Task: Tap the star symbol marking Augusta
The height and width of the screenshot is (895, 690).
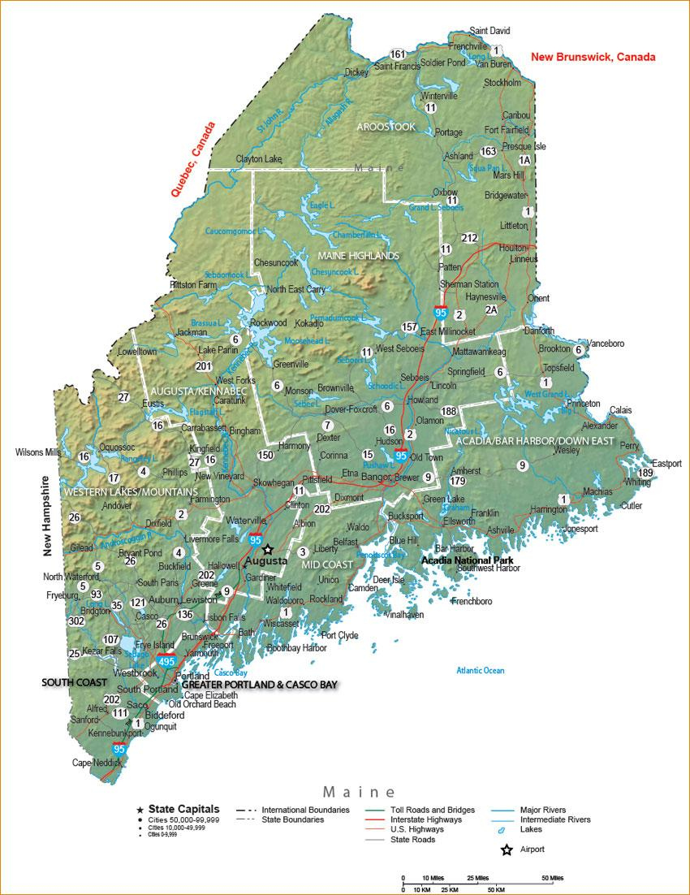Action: tap(268, 550)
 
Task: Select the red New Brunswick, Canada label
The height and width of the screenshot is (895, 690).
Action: tap(593, 57)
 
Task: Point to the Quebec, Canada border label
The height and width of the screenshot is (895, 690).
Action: tap(193, 160)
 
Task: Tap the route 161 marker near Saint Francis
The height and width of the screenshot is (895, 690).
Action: tap(397, 54)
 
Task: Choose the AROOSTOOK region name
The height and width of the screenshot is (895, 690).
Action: tap(386, 127)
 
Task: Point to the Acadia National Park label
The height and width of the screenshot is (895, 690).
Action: tap(467, 560)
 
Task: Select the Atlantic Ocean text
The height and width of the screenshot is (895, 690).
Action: tap(480, 670)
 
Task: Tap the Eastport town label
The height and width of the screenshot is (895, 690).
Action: tap(666, 464)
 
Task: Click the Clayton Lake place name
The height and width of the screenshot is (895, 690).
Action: tap(258, 158)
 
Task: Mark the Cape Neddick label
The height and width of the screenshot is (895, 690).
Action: tap(97, 763)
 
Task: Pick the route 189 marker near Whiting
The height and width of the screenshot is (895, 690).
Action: tap(645, 473)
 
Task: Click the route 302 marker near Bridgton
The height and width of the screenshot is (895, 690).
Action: tap(76, 621)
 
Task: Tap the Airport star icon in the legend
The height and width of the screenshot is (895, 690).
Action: tap(507, 850)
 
